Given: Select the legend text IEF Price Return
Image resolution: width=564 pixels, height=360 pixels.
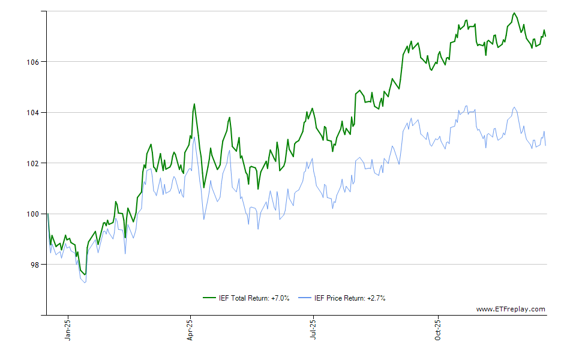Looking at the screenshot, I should [x=340, y=298].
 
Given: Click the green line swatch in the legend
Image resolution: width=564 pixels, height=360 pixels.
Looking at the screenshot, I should [x=209, y=298].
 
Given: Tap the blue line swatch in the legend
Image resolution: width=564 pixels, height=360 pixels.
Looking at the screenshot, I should [x=305, y=298].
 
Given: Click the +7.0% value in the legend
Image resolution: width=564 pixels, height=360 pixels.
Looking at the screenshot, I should [x=280, y=298].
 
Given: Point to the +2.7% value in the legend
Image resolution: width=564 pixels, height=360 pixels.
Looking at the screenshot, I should [x=376, y=298].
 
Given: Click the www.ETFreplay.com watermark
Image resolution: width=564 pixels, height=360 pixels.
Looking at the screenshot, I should [x=511, y=309].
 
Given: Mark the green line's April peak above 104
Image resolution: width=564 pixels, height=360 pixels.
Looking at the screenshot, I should [x=194, y=104].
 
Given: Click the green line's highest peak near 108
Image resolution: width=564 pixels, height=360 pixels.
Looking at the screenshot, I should [x=514, y=13].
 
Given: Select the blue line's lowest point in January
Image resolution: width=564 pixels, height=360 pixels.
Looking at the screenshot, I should [x=85, y=282].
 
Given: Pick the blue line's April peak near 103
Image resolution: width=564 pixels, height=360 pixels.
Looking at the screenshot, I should [x=194, y=137].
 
